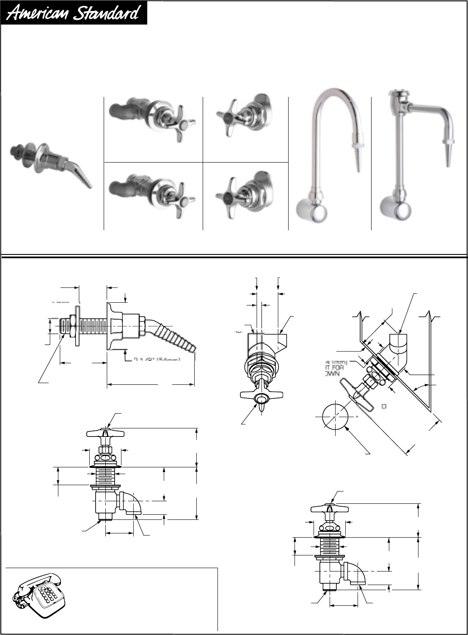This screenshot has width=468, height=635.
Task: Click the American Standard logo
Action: (x=74, y=13)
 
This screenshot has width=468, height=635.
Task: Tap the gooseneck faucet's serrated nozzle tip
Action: (x=356, y=159)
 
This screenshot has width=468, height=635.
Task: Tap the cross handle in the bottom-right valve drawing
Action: (x=330, y=508)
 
